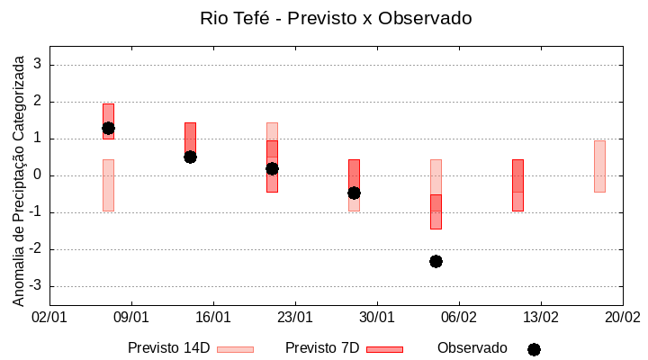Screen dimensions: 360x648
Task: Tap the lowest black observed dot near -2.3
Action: [x=436, y=261]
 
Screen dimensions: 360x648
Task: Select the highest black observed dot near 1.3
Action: [x=108, y=128]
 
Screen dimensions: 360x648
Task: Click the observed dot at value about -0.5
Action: [x=354, y=193]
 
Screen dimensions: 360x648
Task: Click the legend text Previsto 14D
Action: [x=168, y=348]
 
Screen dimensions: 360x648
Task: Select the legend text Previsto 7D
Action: [x=322, y=348]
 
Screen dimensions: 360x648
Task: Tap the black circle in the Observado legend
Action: [x=534, y=349]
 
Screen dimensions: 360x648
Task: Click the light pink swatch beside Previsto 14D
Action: [x=235, y=349]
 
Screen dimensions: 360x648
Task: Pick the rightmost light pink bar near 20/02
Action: [x=599, y=166]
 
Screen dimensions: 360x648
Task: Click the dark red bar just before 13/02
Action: [x=517, y=184]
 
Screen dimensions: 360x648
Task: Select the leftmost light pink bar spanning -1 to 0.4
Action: [x=108, y=184]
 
